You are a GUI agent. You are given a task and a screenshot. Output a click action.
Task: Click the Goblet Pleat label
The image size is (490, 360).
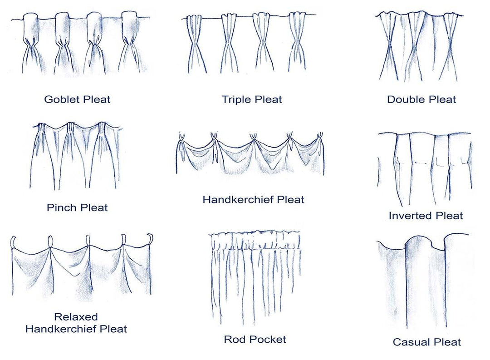point(77,99)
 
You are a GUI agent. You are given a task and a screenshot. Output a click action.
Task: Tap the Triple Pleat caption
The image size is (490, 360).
point(251,99)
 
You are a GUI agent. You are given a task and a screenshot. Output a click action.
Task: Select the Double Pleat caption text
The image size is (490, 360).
point(421,99)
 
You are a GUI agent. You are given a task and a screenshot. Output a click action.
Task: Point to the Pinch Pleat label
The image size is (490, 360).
point(77,208)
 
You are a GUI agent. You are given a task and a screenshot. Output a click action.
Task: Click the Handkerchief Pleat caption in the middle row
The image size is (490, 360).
point(253,199)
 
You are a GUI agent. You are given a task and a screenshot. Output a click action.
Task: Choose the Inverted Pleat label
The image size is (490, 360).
point(426,216)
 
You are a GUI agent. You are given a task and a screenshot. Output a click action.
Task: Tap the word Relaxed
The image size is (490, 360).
point(76,317)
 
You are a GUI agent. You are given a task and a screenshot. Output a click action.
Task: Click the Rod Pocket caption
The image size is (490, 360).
point(255,339)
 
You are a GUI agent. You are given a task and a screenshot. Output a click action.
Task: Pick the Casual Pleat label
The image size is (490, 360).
point(426,342)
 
